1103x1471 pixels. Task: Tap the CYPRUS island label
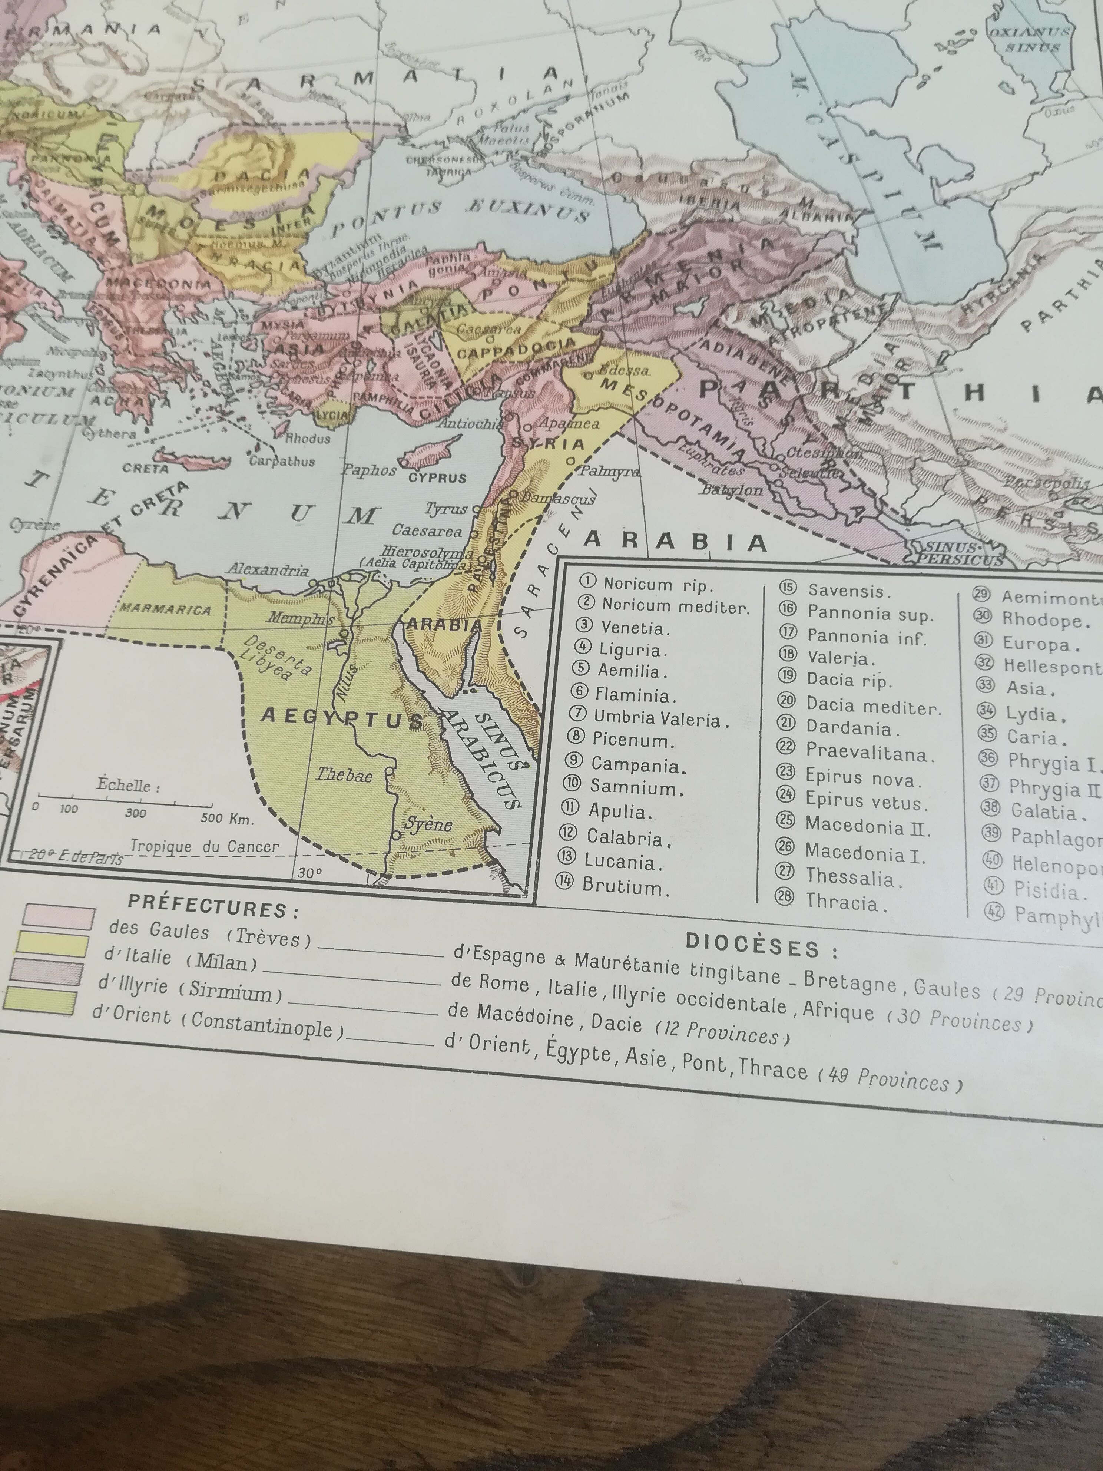click(437, 477)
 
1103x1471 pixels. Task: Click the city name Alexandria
click(268, 570)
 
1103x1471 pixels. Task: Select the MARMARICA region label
click(166, 610)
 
